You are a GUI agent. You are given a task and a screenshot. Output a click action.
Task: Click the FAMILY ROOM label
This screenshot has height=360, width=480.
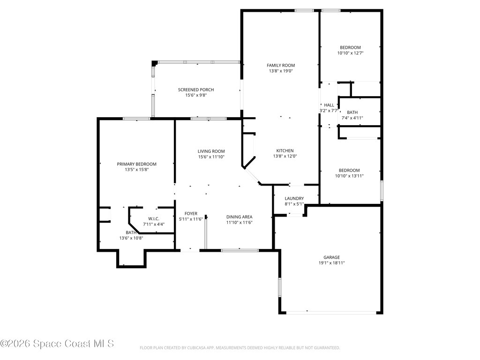[281, 65]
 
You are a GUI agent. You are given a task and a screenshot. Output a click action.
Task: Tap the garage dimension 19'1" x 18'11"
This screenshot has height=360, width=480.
[331, 263]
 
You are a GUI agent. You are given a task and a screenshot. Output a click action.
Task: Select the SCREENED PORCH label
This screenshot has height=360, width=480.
[196, 90]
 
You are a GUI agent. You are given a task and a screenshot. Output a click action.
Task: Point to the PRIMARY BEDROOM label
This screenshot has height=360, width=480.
[136, 164]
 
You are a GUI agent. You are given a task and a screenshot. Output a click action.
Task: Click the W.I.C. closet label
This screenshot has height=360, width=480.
[154, 218]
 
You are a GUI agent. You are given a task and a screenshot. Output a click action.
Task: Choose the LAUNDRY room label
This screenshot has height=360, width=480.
[294, 198]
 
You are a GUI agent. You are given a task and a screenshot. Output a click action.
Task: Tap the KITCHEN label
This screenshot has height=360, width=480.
[285, 150]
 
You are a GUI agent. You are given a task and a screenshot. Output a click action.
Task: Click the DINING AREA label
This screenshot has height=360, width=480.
[240, 217]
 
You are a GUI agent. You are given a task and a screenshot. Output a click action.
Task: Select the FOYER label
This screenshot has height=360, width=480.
[191, 213]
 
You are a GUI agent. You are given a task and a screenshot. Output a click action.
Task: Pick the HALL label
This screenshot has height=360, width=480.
[329, 105]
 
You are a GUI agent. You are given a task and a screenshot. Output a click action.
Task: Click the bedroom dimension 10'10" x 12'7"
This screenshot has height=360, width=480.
[350, 53]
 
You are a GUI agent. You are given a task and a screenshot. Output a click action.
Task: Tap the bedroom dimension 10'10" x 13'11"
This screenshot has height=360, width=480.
[350, 176]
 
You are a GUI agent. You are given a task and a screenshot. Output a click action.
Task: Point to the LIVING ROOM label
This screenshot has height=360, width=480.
[211, 151]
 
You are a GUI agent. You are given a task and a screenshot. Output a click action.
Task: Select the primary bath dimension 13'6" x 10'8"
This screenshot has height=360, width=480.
[131, 238]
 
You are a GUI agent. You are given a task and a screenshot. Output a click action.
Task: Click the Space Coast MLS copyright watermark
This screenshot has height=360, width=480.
[57, 344]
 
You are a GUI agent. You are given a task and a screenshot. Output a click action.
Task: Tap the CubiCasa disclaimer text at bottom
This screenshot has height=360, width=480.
[240, 348]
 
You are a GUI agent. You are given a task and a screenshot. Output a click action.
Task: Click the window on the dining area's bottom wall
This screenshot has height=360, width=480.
[240, 250]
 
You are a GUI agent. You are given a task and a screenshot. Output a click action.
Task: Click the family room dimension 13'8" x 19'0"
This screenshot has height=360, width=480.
[281, 71]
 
